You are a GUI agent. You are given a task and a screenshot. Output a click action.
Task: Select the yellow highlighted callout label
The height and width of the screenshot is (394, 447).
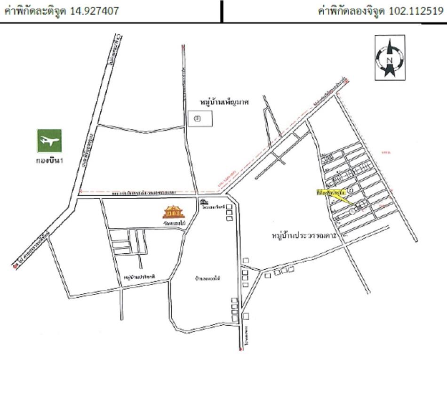[332, 192]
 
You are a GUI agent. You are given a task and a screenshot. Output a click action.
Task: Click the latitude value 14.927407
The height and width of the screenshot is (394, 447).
[94, 11]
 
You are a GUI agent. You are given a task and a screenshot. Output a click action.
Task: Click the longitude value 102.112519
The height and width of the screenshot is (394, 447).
[415, 11]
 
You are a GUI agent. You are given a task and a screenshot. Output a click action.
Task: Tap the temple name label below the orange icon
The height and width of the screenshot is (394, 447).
[173, 224]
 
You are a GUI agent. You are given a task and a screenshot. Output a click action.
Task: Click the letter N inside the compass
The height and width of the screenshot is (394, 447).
[390, 60]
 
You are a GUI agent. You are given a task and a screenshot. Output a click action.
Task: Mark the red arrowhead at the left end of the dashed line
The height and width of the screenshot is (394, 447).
[81, 192]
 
